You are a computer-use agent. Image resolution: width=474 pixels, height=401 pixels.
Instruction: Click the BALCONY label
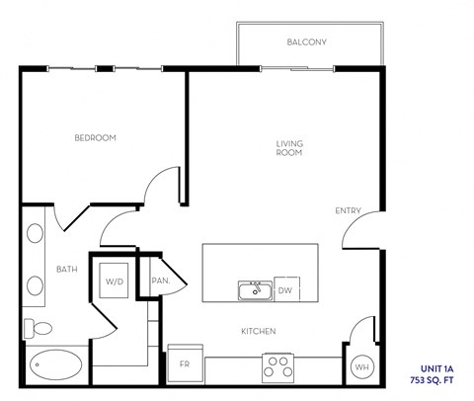[306, 42]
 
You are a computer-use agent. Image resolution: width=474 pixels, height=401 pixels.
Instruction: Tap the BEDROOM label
[96, 138]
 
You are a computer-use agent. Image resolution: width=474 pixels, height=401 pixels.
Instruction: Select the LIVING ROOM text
[288, 148]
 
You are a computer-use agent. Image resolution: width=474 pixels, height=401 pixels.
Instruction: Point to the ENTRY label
[348, 209]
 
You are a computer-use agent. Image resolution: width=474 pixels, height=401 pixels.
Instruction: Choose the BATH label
[66, 269]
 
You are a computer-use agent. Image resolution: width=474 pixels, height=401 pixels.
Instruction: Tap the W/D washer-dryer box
[115, 281]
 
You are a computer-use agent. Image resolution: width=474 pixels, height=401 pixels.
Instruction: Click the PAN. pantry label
[161, 281]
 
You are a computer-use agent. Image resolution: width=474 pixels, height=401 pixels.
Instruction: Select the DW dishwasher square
[285, 290]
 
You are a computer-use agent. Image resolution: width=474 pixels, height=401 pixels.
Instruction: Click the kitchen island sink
[255, 290]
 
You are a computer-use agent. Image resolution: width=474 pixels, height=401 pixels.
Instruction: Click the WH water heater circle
[361, 367]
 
